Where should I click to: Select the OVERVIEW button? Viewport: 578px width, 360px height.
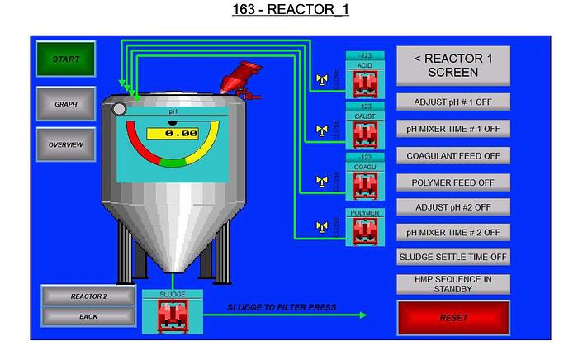pos(65,144)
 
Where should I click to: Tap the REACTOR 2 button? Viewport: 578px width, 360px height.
pos(88,296)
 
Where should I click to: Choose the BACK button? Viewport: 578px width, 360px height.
pos(88,316)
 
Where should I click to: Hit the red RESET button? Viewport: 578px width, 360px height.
pos(453,318)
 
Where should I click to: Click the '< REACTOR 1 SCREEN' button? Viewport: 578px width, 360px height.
pos(453,64)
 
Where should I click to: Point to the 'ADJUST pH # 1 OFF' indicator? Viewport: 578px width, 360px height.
pos(453,102)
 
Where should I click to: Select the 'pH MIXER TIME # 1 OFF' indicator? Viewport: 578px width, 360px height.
pos(453,129)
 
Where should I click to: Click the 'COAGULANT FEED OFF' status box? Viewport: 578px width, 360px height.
pos(453,155)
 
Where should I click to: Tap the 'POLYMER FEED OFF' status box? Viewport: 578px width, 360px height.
pos(453,181)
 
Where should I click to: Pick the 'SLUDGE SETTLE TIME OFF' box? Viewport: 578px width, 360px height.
pos(453,257)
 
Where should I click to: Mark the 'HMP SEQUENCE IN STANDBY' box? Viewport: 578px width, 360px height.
pos(453,283)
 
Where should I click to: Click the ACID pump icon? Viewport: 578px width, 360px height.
pos(364,83)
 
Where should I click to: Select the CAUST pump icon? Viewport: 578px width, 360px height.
pos(364,135)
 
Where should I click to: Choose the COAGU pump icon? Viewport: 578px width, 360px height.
pos(364,186)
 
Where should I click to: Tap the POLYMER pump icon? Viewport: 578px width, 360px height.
pos(364,230)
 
